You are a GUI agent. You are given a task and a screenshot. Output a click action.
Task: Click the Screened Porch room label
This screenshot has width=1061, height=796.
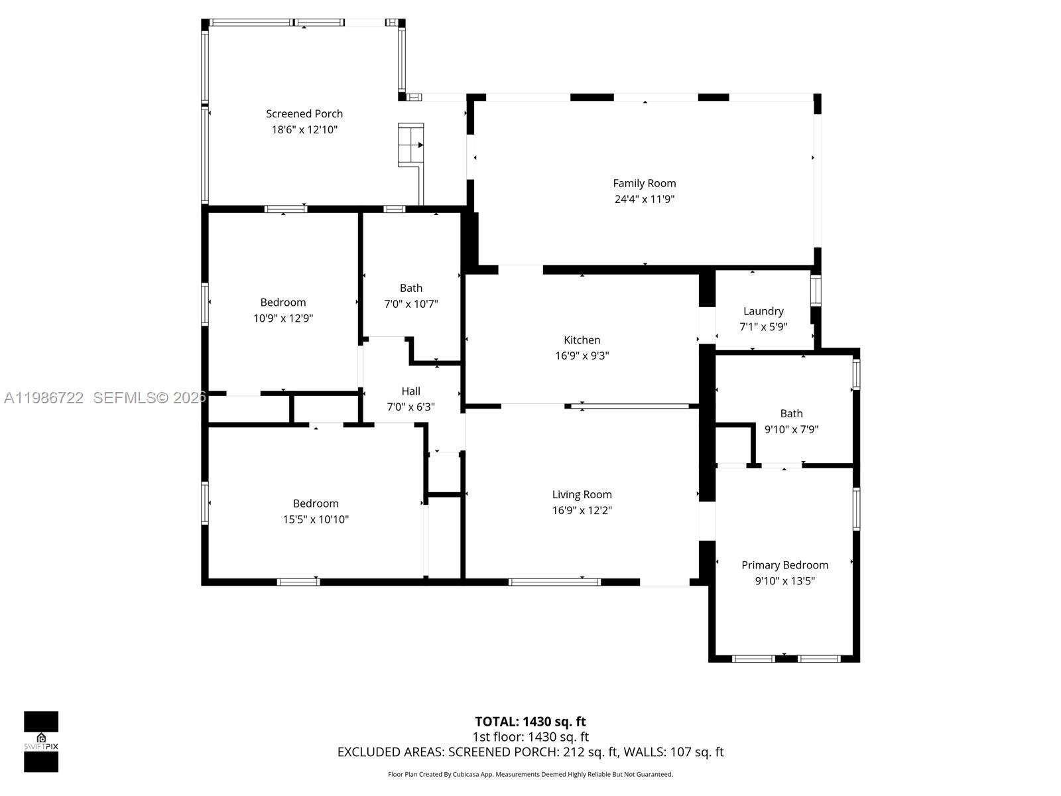click(x=304, y=113)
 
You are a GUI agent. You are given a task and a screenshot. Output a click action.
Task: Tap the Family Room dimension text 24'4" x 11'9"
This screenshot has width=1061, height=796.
click(x=644, y=199)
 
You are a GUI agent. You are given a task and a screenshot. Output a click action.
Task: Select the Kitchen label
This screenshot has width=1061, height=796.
click(x=582, y=340)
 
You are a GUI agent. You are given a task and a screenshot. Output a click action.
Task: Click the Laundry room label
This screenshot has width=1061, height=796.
click(x=763, y=310)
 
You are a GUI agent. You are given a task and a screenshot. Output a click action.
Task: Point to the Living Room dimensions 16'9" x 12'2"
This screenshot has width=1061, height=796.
click(x=582, y=510)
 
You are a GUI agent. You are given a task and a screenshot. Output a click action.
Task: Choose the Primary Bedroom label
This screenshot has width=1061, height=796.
click(x=784, y=564)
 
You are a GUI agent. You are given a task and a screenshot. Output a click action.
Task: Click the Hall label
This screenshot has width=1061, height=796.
click(x=410, y=391)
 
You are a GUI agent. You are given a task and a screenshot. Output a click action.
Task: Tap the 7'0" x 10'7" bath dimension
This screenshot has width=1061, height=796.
click(x=410, y=304)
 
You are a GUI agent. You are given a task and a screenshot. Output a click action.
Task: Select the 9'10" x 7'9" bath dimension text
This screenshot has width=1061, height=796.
click(x=791, y=429)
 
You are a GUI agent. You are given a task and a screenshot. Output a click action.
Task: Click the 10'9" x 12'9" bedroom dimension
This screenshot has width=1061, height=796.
click(x=283, y=318)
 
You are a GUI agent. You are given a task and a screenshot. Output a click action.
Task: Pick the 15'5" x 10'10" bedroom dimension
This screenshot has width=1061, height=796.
click(x=316, y=519)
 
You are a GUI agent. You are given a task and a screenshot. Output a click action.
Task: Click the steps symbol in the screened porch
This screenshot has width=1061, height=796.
click(x=410, y=145)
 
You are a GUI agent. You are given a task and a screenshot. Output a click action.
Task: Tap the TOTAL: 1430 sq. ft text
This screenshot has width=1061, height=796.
click(x=530, y=721)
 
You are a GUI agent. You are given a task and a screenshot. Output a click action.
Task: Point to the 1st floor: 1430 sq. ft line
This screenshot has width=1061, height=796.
click(x=530, y=736)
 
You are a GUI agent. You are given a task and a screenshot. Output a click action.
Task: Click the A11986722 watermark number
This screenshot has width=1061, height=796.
click(x=44, y=398)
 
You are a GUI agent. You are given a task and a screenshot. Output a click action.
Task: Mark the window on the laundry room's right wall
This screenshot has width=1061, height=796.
click(x=816, y=291)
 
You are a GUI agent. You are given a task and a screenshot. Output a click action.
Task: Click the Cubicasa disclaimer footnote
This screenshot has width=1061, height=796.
click(x=530, y=774)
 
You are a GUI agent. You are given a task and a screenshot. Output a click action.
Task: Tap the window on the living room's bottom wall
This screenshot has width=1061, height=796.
click(x=554, y=582)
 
